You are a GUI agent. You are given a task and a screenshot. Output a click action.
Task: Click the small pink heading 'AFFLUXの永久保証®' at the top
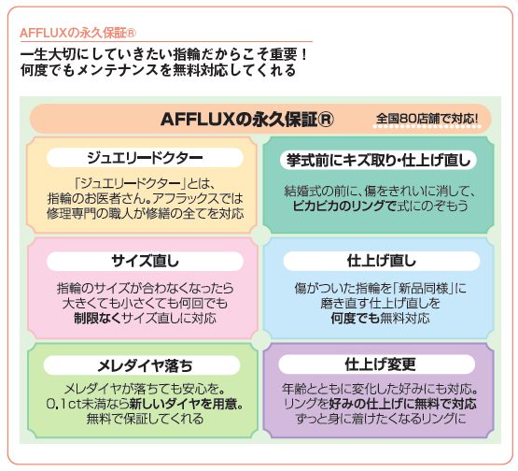tap(77, 33)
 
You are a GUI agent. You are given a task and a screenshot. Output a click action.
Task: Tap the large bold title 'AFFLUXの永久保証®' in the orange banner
tap(246, 119)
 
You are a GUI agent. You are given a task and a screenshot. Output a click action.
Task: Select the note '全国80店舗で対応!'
tap(427, 119)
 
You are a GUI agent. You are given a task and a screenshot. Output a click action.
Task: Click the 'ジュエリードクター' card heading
tap(145, 158)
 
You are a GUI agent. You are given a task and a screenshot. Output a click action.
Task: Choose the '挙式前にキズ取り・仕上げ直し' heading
tap(379, 161)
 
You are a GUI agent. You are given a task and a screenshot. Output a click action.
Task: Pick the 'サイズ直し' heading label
tap(145, 262)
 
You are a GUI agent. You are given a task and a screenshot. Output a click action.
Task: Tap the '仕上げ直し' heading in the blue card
tap(382, 261)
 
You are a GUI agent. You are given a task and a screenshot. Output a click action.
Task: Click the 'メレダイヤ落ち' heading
tap(145, 365)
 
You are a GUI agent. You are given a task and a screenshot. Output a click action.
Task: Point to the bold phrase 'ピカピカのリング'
tap(340, 206)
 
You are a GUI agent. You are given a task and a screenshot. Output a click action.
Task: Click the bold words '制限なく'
tap(97, 318)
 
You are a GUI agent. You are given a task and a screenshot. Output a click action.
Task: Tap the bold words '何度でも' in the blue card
tap(356, 318)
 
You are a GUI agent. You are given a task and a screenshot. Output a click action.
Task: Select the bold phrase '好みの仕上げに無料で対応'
tap(402, 404)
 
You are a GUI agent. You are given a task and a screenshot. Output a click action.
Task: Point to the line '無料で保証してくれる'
tap(145, 419)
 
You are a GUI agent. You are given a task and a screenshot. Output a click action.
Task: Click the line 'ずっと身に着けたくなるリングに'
tap(381, 419)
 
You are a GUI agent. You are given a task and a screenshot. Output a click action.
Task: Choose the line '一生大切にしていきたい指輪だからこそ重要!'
tap(164, 55)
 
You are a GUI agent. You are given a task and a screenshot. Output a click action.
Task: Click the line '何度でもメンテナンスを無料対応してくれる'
tap(159, 70)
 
